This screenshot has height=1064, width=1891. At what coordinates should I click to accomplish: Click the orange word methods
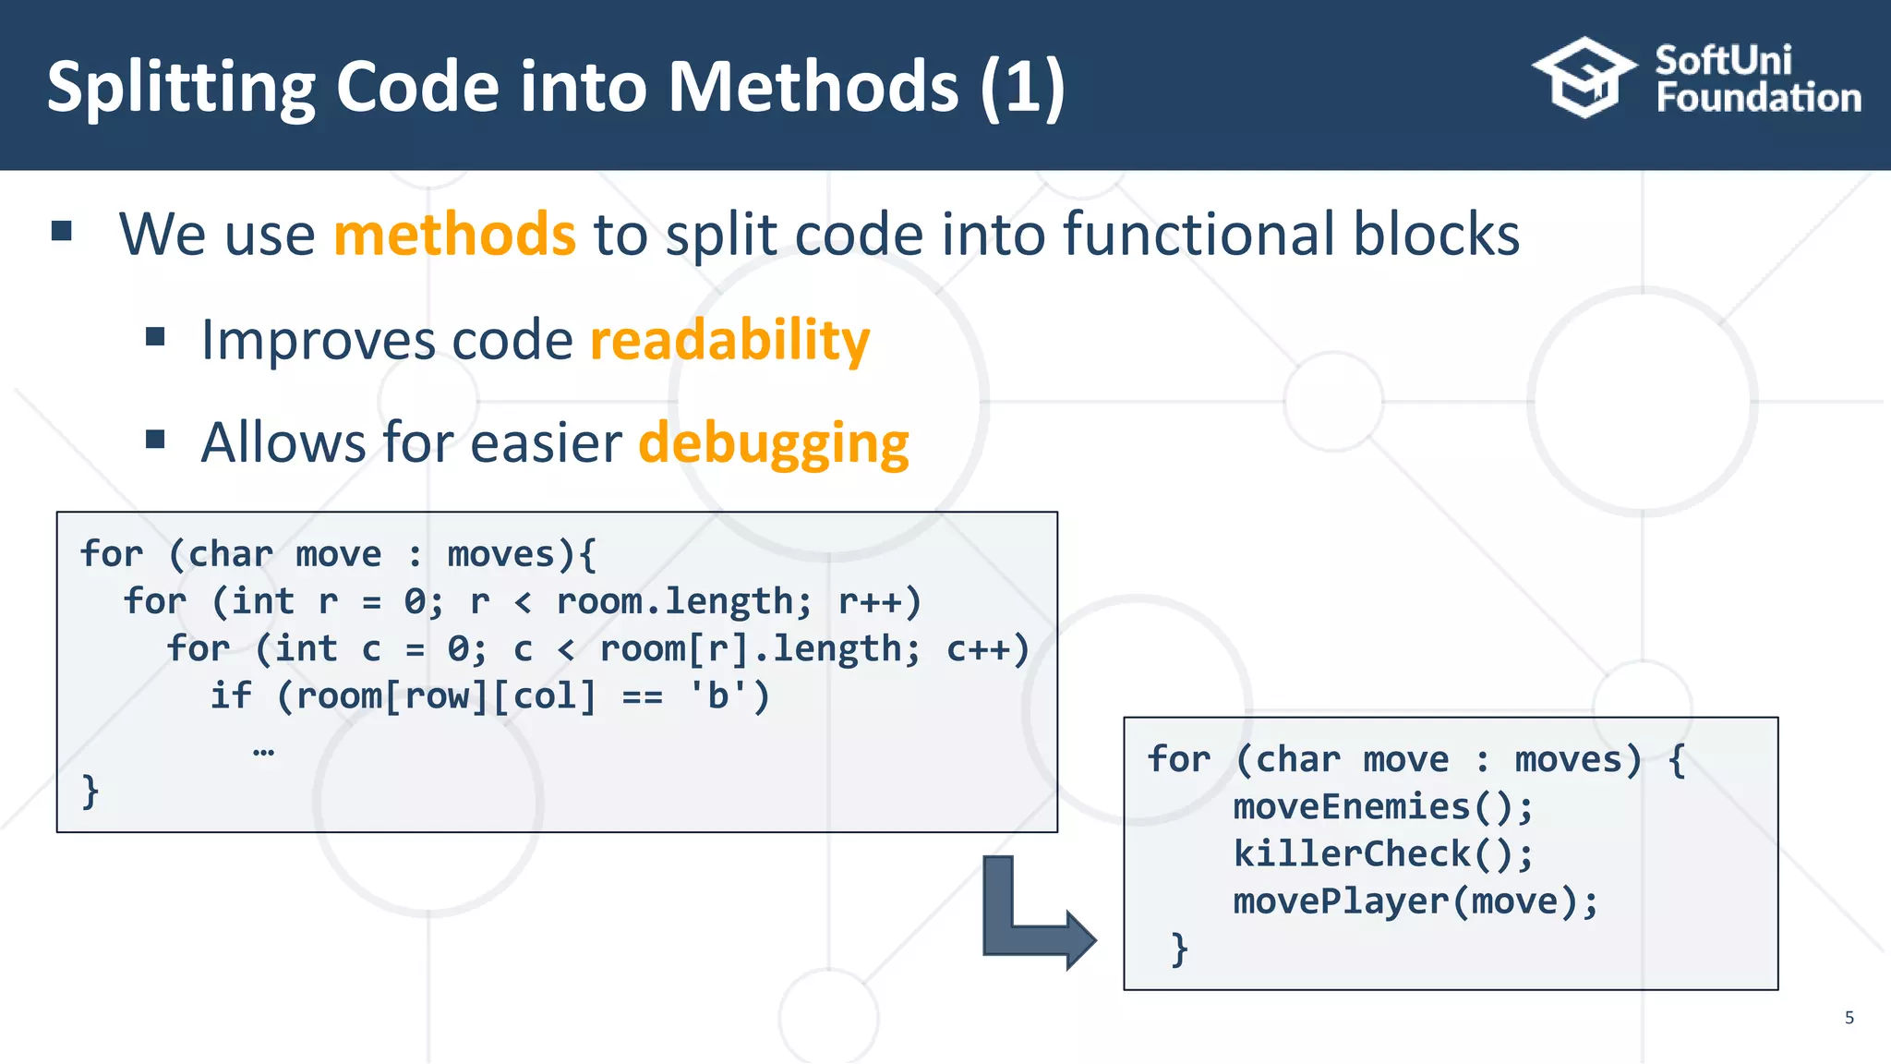(x=454, y=235)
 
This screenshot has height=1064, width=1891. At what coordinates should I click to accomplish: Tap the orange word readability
(x=729, y=340)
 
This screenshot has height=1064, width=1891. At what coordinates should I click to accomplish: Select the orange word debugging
(x=774, y=442)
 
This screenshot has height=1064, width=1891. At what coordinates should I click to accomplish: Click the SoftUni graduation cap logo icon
(x=1584, y=78)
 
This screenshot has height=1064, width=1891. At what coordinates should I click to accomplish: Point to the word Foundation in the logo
(x=1758, y=98)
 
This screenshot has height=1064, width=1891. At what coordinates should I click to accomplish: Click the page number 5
(x=1849, y=1018)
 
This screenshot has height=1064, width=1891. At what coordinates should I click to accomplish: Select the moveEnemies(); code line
(x=1383, y=807)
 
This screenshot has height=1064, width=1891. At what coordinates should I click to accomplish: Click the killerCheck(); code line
(x=1383, y=854)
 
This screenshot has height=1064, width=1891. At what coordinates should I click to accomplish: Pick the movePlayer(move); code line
(x=1415, y=901)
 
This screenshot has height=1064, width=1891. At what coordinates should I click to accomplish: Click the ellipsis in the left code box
(x=263, y=750)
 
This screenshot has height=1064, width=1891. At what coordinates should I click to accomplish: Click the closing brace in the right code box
(x=1179, y=949)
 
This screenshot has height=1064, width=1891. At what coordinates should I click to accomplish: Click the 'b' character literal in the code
(x=718, y=696)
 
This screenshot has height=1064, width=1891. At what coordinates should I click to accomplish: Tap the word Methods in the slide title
(x=813, y=87)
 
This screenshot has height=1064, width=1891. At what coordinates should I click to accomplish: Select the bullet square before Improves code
(x=155, y=337)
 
